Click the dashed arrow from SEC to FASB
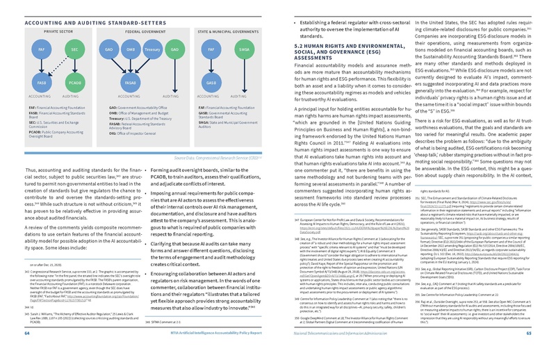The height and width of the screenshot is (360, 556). (58, 65)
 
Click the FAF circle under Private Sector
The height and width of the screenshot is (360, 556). (42, 51)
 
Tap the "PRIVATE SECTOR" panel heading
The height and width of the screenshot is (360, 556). (58, 31)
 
